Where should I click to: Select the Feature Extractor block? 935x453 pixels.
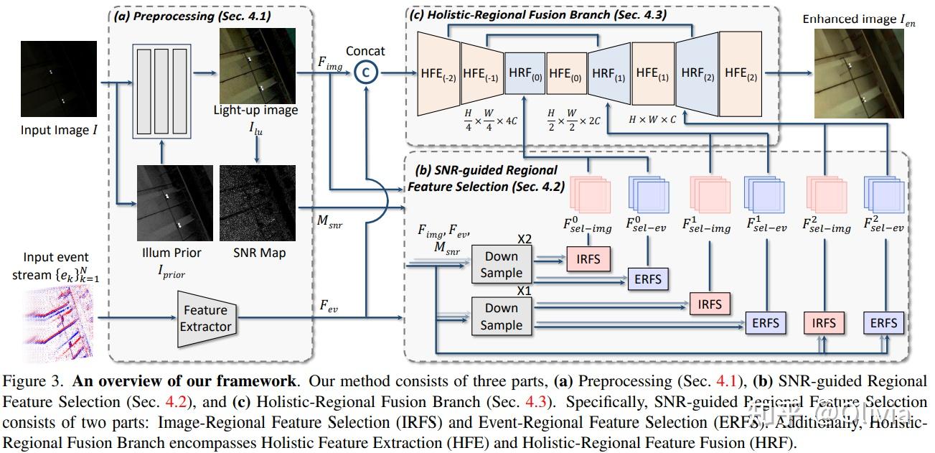click(x=205, y=318)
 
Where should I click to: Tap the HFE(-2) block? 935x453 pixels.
click(x=438, y=74)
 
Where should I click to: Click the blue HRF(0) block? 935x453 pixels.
click(x=525, y=74)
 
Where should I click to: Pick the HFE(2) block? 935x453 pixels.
click(x=740, y=73)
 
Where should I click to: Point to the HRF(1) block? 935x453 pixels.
click(x=609, y=74)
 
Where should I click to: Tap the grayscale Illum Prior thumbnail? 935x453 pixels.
click(x=174, y=203)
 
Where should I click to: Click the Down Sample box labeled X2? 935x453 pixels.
click(x=501, y=264)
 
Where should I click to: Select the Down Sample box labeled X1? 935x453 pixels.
click(x=501, y=316)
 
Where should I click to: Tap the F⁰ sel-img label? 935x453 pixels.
click(x=588, y=226)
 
